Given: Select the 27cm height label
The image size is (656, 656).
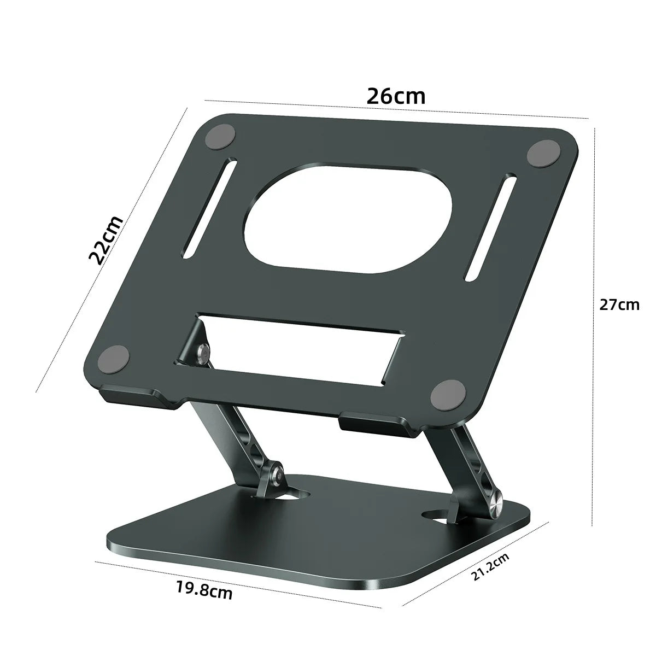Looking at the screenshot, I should click(619, 304).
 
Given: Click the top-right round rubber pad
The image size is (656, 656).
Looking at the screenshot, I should click(542, 154).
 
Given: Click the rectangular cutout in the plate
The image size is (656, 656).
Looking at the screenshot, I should click(295, 350).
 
